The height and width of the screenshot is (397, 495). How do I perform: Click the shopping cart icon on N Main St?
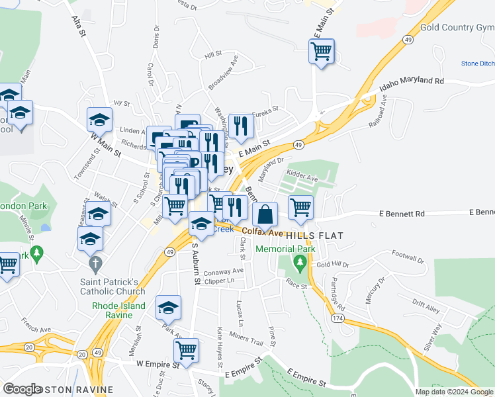(x=321, y=50)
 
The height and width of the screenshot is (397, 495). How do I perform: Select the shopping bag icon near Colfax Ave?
(x=265, y=214)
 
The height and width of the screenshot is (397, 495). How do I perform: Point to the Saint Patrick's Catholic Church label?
(x=112, y=286)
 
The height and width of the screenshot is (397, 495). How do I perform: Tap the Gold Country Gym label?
(x=457, y=28)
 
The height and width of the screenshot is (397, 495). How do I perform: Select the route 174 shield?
(x=339, y=319)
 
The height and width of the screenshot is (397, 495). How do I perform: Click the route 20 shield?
(x=28, y=347)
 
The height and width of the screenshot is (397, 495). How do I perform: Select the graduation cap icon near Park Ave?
(x=168, y=308)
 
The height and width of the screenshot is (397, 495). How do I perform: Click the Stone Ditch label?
(x=477, y=64)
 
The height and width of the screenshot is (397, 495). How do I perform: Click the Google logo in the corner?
(x=22, y=389)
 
